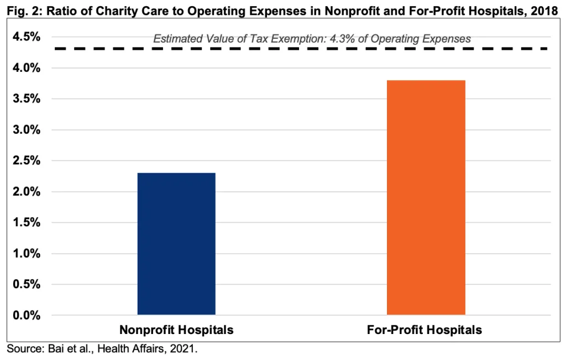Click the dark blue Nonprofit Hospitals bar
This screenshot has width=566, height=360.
[176, 244]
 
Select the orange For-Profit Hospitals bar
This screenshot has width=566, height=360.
[426, 197]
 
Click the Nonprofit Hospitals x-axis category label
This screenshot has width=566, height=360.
[176, 330]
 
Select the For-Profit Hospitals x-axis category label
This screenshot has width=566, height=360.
[424, 330]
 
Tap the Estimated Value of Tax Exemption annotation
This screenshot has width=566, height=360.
[312, 39]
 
